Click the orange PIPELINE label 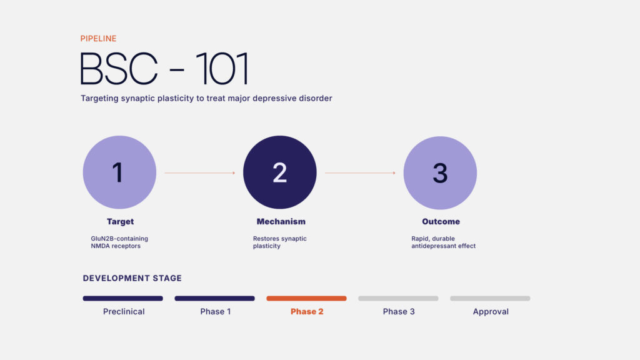tap(98, 38)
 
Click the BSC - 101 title tap(164, 69)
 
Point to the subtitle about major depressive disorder tap(206, 98)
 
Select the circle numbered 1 tap(119, 172)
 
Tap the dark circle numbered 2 tap(279, 172)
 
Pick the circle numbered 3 tap(440, 172)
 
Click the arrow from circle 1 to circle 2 tap(200, 172)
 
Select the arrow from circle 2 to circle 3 tap(360, 172)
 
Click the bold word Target tap(120, 222)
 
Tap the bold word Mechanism tap(281, 222)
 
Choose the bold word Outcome tap(441, 222)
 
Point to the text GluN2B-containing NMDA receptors tap(119, 242)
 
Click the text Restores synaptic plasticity tap(279, 242)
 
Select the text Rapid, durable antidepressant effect tap(443, 242)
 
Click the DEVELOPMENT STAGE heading tap(132, 278)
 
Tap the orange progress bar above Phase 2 tap(306, 298)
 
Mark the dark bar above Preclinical tap(123, 298)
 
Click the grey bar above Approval tap(490, 298)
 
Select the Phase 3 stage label tap(399, 311)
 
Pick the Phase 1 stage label tap(216, 311)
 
